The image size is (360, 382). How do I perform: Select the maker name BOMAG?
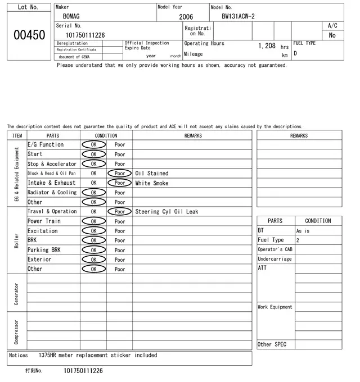click(x=71, y=17)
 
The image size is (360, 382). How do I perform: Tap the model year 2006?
click(x=186, y=17)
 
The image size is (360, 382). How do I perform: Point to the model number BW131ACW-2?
click(x=238, y=16)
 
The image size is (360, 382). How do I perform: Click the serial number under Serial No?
click(x=85, y=35)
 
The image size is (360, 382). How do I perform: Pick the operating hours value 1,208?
click(x=267, y=46)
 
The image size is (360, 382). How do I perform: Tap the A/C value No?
click(x=332, y=35)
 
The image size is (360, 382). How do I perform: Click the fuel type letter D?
click(x=295, y=54)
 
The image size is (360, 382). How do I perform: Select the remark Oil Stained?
click(x=152, y=174)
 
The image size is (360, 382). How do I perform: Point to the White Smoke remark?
click(x=152, y=183)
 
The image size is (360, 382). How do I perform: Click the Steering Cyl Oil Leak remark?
click(x=166, y=212)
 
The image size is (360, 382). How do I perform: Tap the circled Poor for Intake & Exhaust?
click(x=120, y=183)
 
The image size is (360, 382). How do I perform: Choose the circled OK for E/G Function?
click(x=93, y=145)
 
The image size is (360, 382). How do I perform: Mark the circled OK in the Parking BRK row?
click(x=93, y=250)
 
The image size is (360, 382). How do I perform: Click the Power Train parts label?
click(x=43, y=221)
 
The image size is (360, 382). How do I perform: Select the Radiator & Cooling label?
click(x=52, y=193)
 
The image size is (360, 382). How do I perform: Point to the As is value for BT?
click(x=303, y=231)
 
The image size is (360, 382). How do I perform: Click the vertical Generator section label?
click(x=16, y=293)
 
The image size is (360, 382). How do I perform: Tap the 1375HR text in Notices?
click(x=51, y=355)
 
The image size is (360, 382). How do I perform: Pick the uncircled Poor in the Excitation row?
click(x=120, y=231)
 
